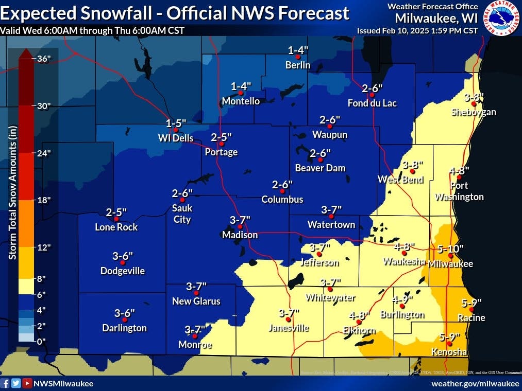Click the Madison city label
240,235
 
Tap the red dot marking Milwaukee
450,256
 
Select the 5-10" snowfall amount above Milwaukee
450,248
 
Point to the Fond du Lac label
372,103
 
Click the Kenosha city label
449,352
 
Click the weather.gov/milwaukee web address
475,383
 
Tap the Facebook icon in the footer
6,383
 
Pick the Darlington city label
124,328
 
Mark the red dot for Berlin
297,57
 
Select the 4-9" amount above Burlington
402,299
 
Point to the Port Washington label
459,191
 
